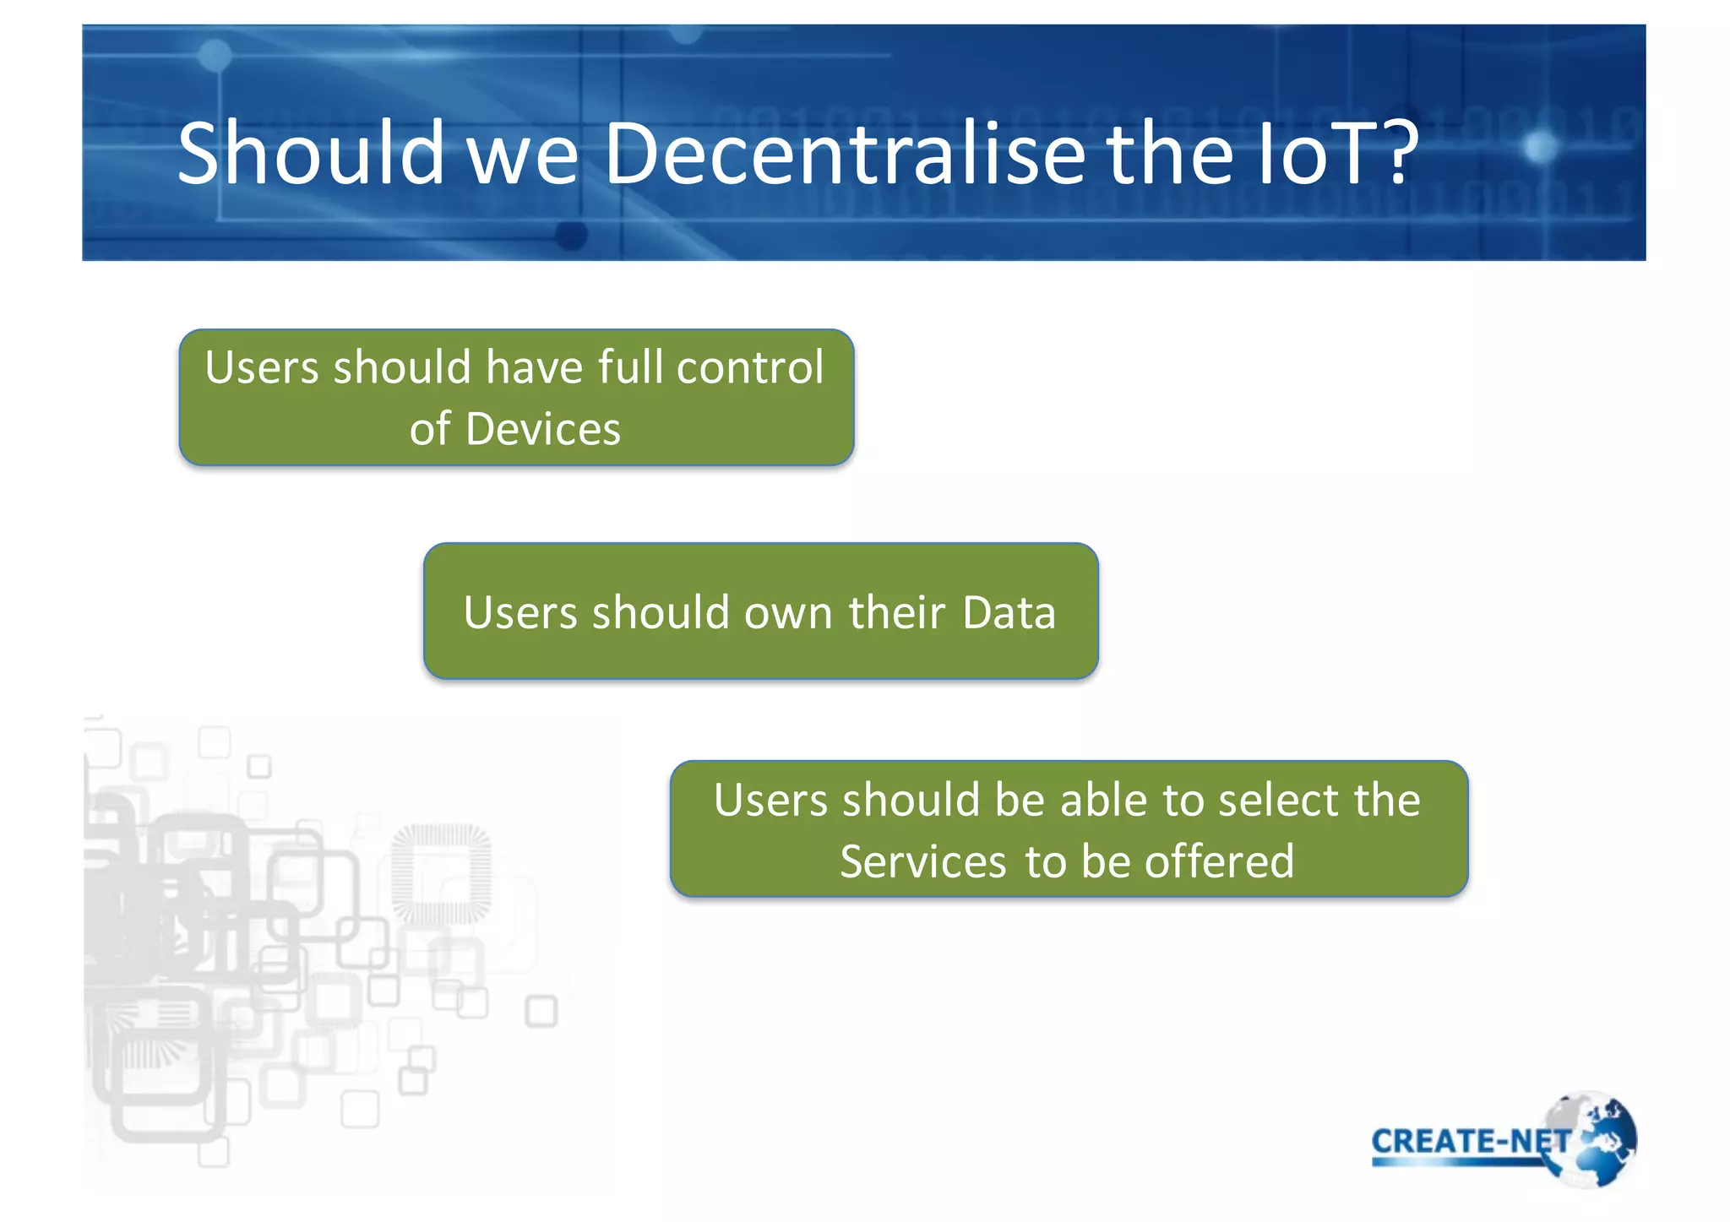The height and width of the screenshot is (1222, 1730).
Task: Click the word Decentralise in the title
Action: (x=845, y=154)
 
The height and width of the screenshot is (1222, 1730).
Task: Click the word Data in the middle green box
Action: (x=1009, y=612)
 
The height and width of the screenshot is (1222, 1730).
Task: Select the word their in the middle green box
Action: (x=896, y=612)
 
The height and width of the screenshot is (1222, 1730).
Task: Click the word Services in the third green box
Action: (x=922, y=862)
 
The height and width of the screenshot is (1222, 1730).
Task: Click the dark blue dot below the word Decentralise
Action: (x=572, y=235)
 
